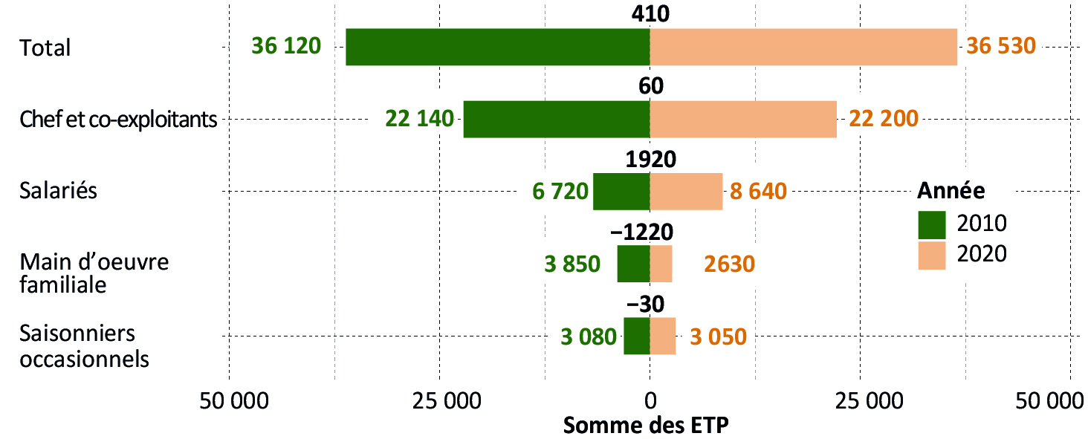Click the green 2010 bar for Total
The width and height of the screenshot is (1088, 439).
coord(498,47)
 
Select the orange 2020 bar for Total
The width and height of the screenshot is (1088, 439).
coord(803,47)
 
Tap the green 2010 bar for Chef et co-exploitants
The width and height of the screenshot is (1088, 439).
coord(557,119)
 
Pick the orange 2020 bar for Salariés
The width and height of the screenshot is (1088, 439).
coord(686,191)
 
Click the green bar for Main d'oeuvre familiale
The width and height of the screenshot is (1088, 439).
coord(633,264)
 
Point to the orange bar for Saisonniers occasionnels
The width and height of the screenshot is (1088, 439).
coord(663,336)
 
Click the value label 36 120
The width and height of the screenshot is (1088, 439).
coord(286,46)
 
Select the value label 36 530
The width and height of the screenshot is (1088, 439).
coord(1000,46)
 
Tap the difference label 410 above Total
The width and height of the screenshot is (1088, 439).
coord(650,13)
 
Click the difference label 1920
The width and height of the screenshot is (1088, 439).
coord(650,160)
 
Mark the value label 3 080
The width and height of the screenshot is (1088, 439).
coord(589,336)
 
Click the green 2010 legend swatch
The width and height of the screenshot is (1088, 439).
coord(931,224)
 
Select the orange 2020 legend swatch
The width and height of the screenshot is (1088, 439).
coord(931,255)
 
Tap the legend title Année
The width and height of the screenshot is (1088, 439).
coord(951,191)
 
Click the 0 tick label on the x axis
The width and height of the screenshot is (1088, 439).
coord(650,402)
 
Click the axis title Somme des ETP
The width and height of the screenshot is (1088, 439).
coord(647,426)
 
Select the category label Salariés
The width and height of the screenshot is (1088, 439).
coord(59,191)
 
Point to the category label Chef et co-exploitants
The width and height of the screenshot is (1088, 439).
coord(119,119)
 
